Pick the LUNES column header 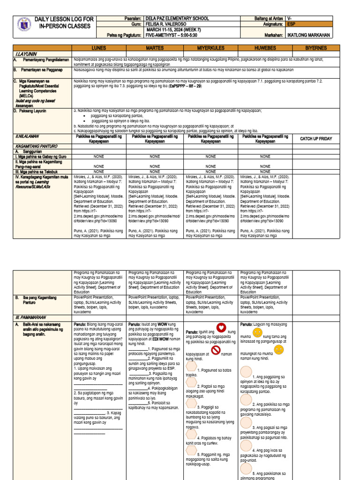[99, 48]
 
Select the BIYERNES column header [316, 48]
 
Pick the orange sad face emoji [278, 350]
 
